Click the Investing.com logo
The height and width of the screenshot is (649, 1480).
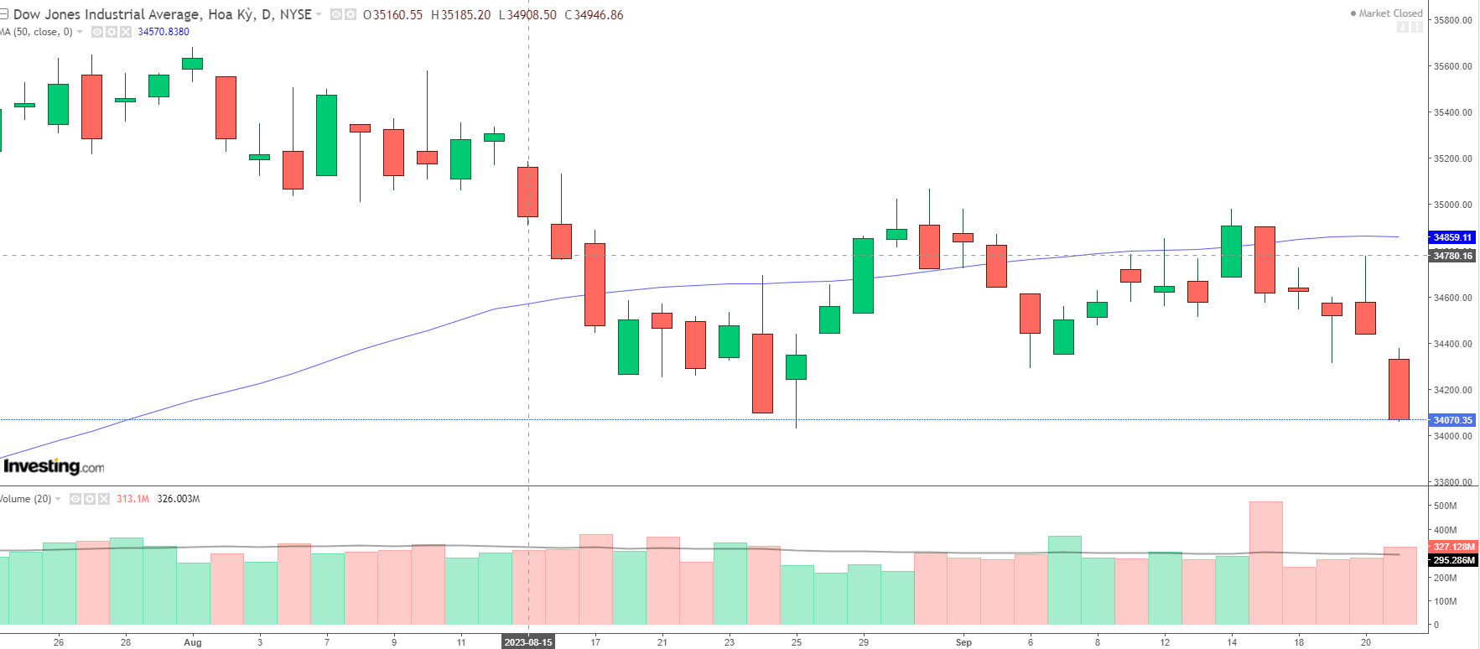point(54,466)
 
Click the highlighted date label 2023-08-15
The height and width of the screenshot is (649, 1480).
point(528,642)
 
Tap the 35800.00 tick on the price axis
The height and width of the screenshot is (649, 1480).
point(1452,20)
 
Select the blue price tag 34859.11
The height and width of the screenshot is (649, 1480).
point(1452,237)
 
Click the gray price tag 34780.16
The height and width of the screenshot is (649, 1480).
point(1452,256)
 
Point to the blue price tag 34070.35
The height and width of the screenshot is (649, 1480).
point(1452,420)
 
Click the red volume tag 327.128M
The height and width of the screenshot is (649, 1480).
point(1453,547)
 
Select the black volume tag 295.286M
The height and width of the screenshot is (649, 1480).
point(1453,560)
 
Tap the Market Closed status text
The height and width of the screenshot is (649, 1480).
point(1390,13)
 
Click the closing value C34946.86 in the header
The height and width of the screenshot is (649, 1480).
point(595,15)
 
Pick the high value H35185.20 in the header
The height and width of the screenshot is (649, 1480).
point(460,15)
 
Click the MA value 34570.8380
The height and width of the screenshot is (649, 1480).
point(164,32)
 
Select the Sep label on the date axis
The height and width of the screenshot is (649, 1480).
point(963,642)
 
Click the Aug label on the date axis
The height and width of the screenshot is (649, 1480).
point(193,642)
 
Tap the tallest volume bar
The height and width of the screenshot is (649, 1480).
point(1265,562)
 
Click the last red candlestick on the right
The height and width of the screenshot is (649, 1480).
point(1399,389)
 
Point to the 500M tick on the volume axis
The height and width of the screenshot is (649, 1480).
point(1445,506)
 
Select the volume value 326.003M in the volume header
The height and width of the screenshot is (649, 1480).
point(179,499)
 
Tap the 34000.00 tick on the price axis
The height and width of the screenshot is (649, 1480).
point(1452,436)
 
